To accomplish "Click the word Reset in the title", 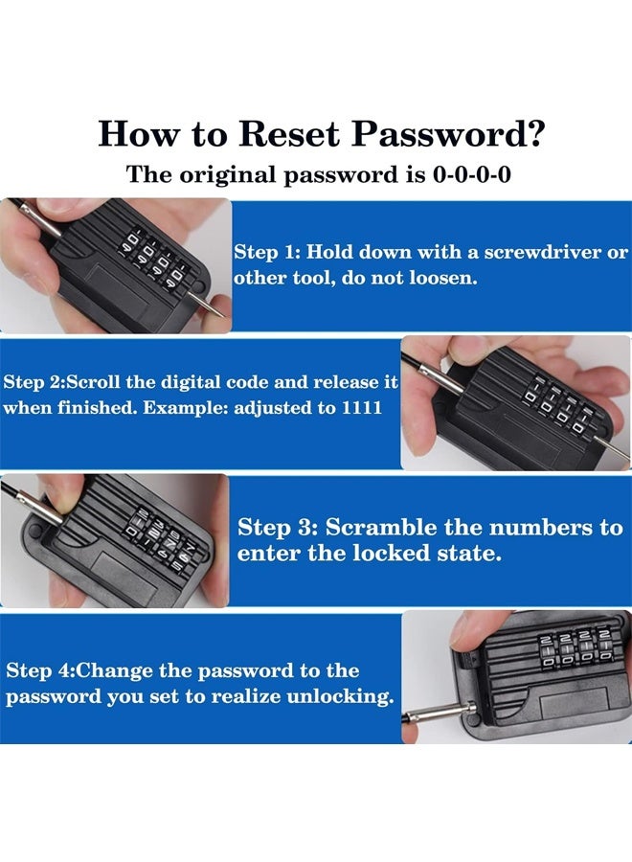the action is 288,133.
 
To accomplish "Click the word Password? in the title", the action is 448,133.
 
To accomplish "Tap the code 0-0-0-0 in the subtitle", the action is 472,175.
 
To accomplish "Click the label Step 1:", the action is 267,252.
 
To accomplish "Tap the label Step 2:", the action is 35,382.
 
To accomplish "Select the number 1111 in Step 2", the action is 362,408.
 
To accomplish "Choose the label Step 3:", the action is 278,528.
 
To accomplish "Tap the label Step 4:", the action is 39,671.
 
